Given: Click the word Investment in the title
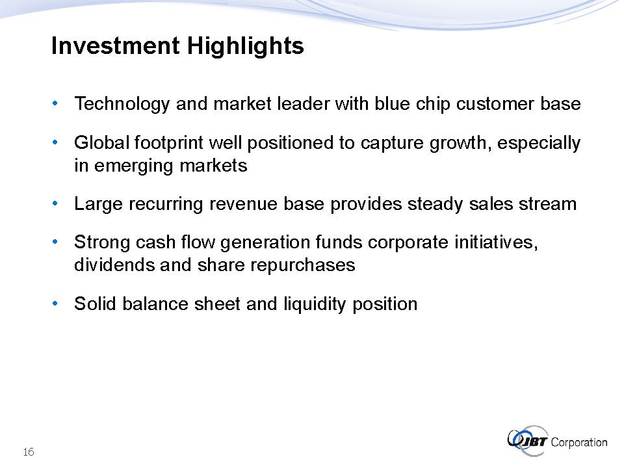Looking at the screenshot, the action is click(x=116, y=45).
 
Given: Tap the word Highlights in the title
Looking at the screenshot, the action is click(x=246, y=46).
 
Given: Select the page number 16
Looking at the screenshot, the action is click(x=29, y=452).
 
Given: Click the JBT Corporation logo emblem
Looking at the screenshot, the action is click(x=528, y=441).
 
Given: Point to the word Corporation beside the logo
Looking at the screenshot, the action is click(x=579, y=443).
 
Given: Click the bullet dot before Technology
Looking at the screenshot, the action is click(x=55, y=103).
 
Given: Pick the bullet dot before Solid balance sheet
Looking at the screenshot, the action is click(x=55, y=304).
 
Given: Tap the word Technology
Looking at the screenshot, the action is click(x=122, y=104).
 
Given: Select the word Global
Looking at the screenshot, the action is click(x=102, y=142).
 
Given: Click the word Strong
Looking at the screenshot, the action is click(x=102, y=242).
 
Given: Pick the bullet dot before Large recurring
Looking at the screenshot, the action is click(x=55, y=203).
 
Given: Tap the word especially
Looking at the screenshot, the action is click(x=539, y=143).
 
